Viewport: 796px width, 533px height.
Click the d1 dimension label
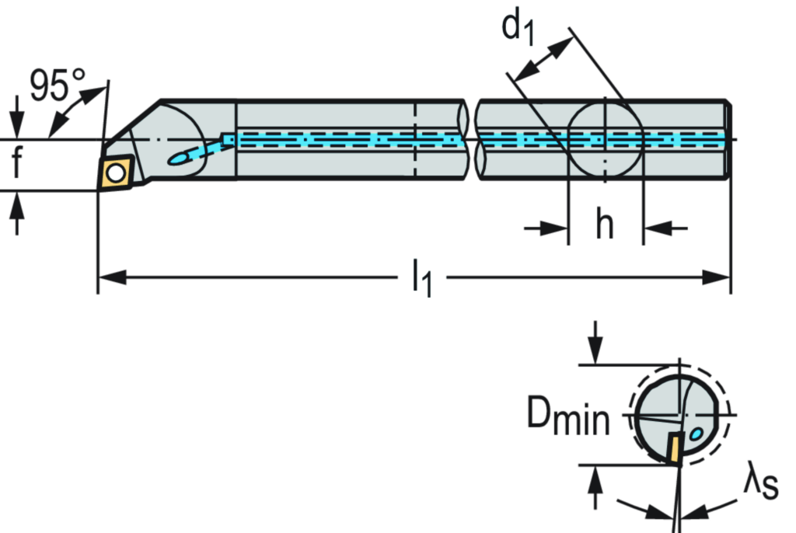(519, 28)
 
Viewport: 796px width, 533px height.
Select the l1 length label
(423, 279)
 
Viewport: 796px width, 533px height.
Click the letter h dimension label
(605, 225)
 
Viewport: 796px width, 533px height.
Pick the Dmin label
(568, 416)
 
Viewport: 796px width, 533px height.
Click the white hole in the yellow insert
(116, 173)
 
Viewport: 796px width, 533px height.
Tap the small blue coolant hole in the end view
(697, 433)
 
